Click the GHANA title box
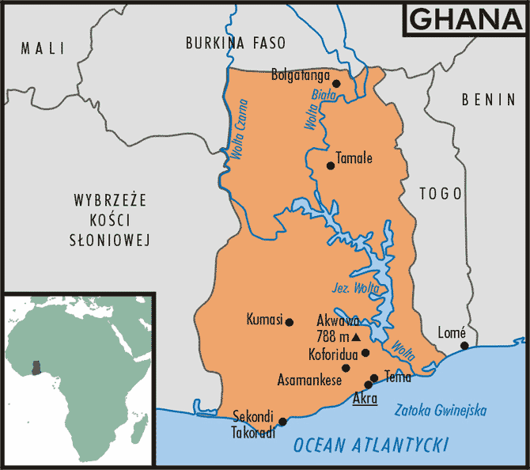pos(464,20)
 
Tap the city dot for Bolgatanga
pos(336,83)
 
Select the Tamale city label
pos(354,157)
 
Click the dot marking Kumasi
pos(290,322)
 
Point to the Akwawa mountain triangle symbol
pos(356,336)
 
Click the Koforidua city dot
pos(365,352)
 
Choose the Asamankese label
pos(309,380)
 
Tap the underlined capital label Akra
pos(365,397)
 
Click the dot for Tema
pos(374,377)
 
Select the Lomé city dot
pos(464,345)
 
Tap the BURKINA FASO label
pos(236,43)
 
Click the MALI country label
pos(42,48)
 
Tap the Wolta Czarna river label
pos(237,131)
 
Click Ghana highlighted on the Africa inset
pos(35,368)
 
